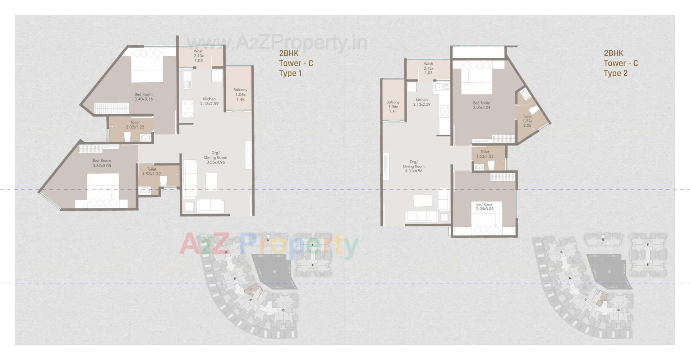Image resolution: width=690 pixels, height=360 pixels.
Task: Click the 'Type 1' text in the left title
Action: pos(290,73)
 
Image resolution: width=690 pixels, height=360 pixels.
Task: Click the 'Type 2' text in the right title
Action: pos(615,73)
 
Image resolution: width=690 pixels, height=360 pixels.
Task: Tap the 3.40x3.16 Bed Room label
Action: pos(143,97)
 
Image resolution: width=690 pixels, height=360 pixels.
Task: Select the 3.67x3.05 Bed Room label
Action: pos(102,163)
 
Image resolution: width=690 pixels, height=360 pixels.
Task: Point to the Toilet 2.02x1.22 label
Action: pos(135,125)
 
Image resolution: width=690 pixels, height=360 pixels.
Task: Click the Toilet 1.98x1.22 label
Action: pos(151,171)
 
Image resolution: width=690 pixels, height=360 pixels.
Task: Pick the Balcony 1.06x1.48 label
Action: pos(240,94)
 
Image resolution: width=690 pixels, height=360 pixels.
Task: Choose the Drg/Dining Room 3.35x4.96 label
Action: pos(216,157)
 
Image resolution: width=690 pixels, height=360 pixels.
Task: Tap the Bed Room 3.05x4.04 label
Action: pos(481,105)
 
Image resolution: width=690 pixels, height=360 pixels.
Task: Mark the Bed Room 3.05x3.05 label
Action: pos(484,207)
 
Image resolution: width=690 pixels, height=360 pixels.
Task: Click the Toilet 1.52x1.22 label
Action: pos(485,154)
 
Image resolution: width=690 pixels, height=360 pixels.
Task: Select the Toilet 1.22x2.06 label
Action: pos(527,121)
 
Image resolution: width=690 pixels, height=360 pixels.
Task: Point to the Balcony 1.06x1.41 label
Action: pos(393,107)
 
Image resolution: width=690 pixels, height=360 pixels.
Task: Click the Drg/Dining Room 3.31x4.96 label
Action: pos(414,166)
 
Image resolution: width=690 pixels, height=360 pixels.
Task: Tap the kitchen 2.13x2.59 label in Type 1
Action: pos(209,101)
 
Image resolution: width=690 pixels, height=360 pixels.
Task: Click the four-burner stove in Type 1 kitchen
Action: pos(188,109)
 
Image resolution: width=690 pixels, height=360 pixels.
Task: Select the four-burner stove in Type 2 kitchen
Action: pos(445,111)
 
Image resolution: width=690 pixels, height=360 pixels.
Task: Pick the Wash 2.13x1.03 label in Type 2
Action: pos(428,68)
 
